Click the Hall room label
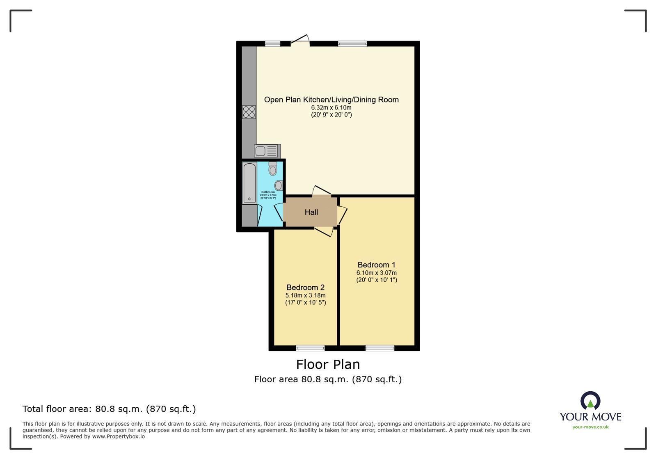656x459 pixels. pos(311,212)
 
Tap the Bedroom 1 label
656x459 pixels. pos(376,265)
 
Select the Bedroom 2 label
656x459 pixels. pos(305,287)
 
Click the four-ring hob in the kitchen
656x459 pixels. pos(249,112)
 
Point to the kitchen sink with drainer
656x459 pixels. pos(267,151)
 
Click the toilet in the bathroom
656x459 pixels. pos(273,169)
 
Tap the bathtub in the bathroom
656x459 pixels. pos(249,183)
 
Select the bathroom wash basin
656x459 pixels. pos(279,185)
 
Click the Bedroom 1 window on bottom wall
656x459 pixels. pos(380,348)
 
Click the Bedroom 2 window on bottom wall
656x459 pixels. pos(310,348)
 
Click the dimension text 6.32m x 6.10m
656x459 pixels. pos(331,107)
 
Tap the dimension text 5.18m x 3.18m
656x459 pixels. pos(305,295)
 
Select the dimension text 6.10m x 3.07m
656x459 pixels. pos(376,273)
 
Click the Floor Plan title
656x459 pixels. pos(328,364)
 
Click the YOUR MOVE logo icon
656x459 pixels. pos(590,401)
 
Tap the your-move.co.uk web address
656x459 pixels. pos(590,427)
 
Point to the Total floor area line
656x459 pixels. pos(109,409)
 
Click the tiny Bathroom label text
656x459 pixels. pos(268,192)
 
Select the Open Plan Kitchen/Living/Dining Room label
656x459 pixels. pos(331,100)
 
